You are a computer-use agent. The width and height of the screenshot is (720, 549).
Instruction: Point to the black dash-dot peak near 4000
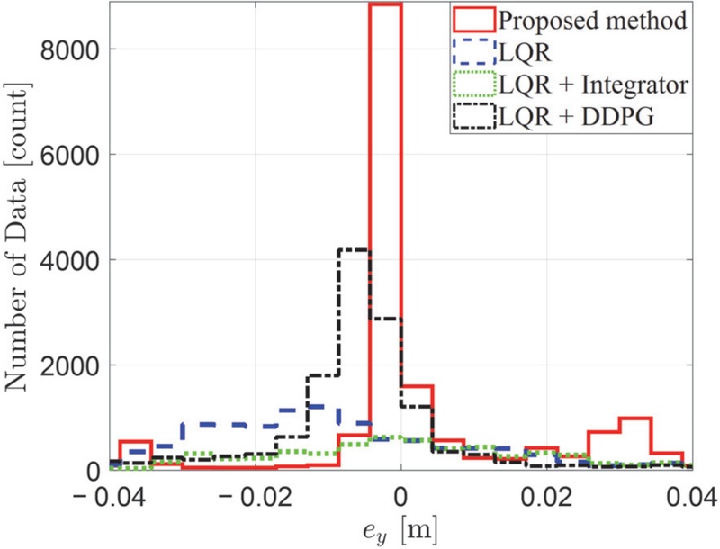click(354, 249)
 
